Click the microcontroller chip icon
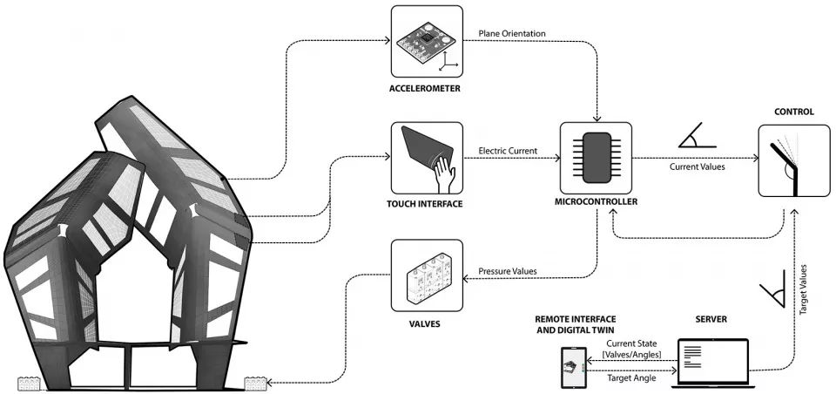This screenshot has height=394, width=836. [x=597, y=158]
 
